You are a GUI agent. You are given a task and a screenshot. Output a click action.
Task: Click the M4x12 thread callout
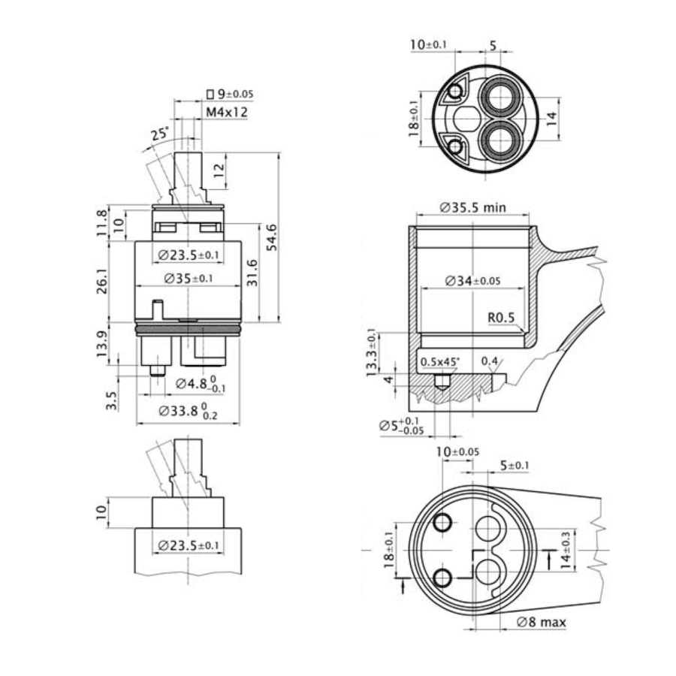tap(227, 112)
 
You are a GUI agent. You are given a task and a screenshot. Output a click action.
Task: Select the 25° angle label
tap(159, 134)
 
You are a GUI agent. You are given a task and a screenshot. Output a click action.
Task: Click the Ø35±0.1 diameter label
tap(188, 278)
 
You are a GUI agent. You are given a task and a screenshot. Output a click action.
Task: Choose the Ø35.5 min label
tap(473, 207)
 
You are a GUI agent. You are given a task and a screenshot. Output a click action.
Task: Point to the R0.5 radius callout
tap(500, 318)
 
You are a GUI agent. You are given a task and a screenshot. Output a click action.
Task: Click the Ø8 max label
tap(542, 622)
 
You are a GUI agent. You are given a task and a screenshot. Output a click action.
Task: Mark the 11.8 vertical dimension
tap(103, 223)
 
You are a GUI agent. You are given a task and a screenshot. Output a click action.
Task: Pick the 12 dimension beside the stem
tap(217, 170)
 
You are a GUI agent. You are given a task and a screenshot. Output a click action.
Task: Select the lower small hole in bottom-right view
tap(442, 577)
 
